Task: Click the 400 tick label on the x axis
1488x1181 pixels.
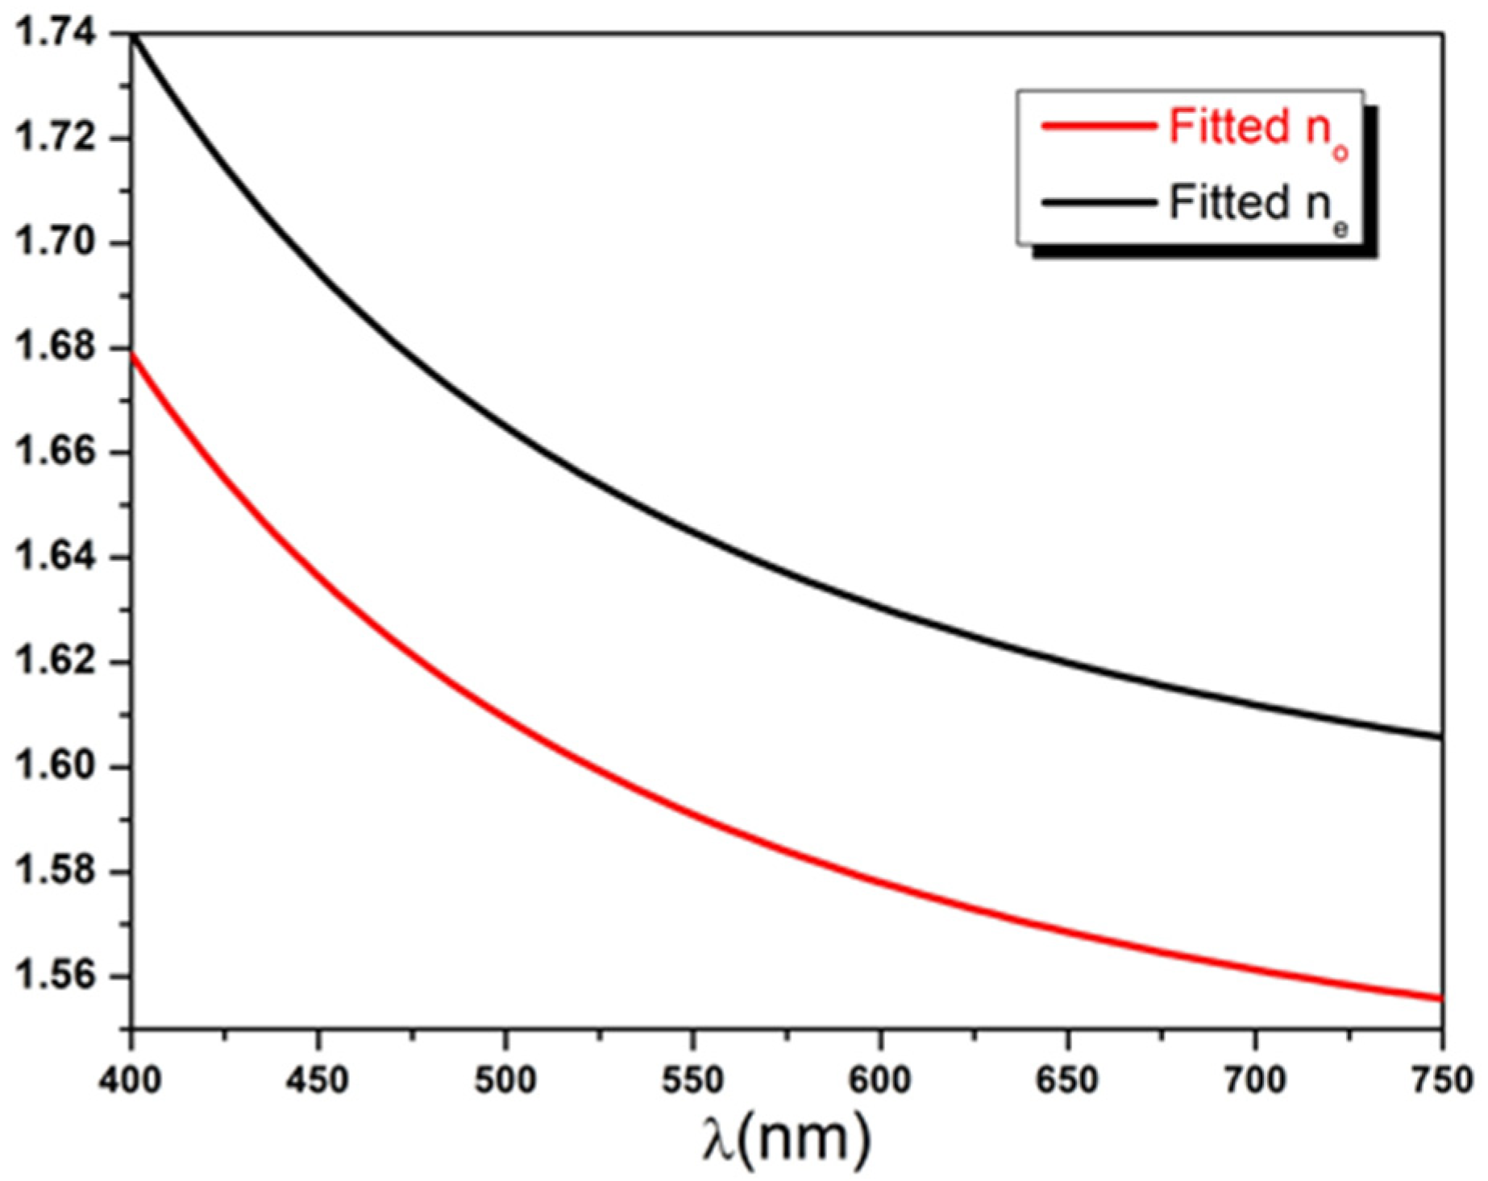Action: click(x=131, y=1079)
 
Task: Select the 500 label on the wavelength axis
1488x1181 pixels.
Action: click(x=505, y=1079)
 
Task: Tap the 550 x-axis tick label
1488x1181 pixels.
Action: click(x=692, y=1079)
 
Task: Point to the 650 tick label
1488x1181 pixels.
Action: click(x=1067, y=1079)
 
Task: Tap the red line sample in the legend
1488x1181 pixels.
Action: click(x=1099, y=126)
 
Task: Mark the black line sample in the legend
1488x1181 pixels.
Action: click(x=1099, y=202)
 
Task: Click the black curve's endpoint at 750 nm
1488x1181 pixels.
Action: click(x=1440, y=736)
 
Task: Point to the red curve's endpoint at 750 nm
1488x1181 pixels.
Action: click(x=1440, y=999)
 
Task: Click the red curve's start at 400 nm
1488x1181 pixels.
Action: click(x=133, y=354)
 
